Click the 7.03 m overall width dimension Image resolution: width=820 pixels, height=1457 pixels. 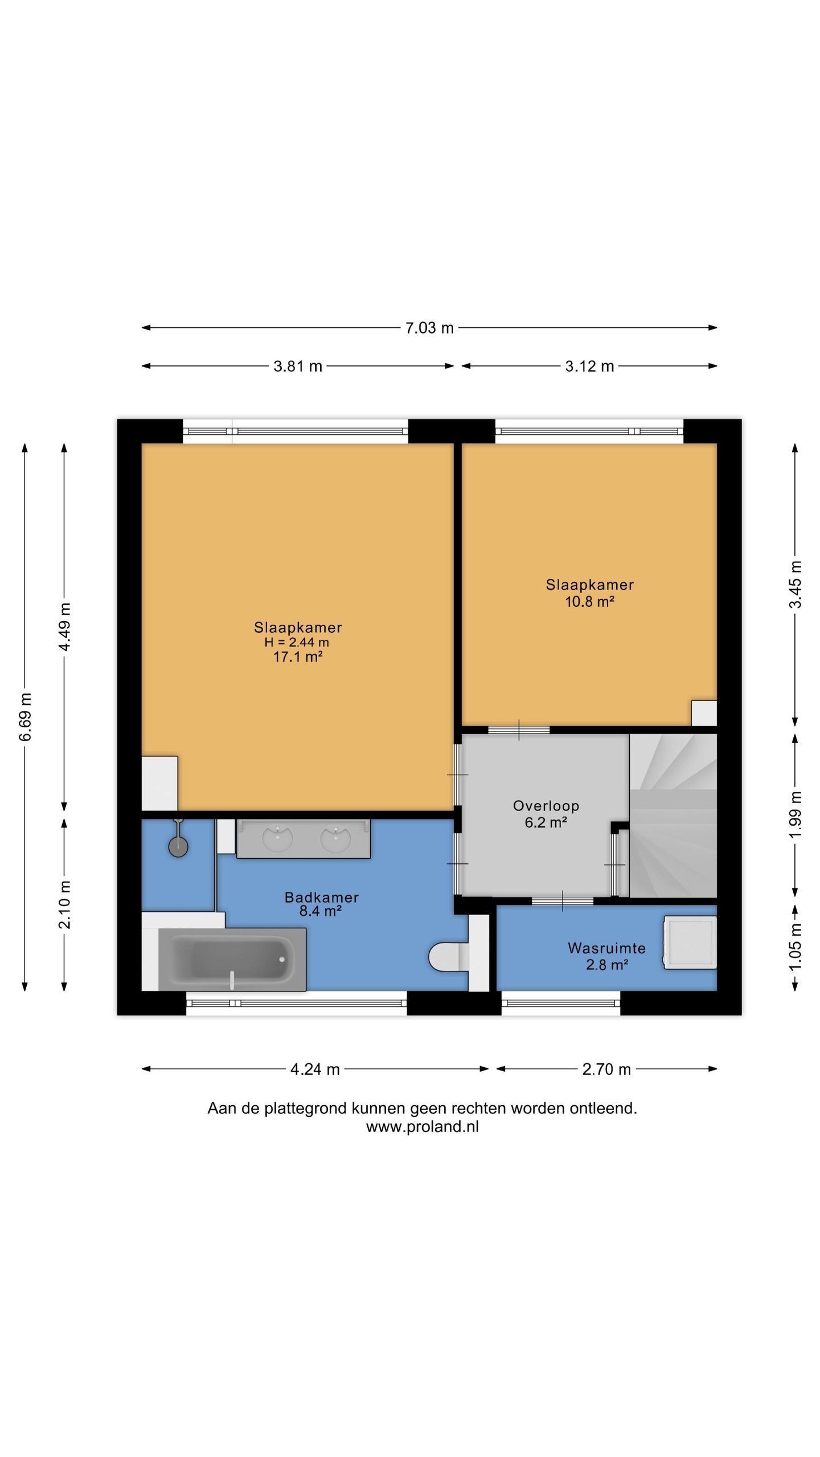(429, 328)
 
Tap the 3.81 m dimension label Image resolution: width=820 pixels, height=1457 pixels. (298, 366)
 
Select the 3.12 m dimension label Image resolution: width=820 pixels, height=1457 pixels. (589, 366)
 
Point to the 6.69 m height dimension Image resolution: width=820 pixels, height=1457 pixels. (25, 717)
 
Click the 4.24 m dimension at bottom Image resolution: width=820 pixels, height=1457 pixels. (315, 1069)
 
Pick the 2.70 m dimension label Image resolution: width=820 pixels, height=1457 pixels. (606, 1069)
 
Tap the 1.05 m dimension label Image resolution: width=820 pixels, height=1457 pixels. (796, 946)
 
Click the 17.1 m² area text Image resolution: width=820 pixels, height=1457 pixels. (298, 657)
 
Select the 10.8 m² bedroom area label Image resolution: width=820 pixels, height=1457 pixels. (589, 601)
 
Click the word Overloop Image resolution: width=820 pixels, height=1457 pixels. (546, 805)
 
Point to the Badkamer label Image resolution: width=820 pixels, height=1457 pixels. (322, 897)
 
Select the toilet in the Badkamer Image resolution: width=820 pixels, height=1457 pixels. (449, 957)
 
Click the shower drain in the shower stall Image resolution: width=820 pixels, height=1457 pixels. (178, 847)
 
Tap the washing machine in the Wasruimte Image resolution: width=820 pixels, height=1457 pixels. (690, 942)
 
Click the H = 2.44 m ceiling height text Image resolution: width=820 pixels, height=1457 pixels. (297, 642)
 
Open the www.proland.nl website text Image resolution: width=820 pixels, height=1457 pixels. (422, 1126)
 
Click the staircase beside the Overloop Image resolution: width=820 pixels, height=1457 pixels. (673, 816)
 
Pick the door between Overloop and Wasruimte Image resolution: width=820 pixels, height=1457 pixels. (563, 900)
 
